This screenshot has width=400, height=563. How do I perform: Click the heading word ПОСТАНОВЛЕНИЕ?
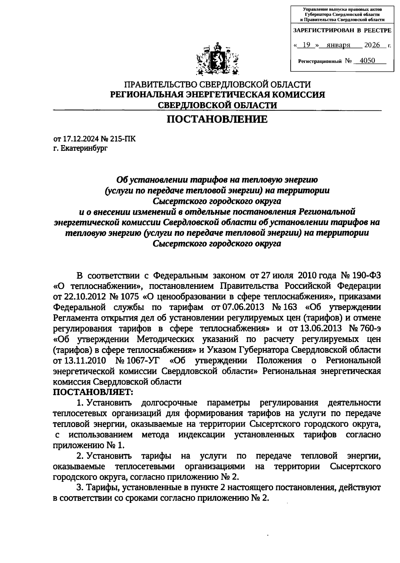coord(217,119)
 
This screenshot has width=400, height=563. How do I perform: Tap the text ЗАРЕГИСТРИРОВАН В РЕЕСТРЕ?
coord(342,30)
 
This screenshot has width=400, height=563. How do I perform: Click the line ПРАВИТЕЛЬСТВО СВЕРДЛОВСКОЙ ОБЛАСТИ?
coord(217,85)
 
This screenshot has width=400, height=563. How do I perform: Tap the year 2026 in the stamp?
coord(372,45)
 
